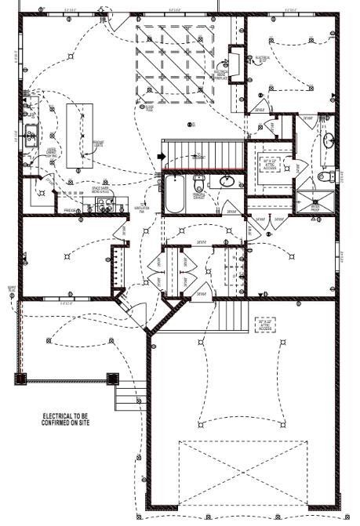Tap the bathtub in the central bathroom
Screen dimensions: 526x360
pyautogui.click(x=174, y=194)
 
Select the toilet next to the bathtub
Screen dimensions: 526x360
pyautogui.click(x=198, y=185)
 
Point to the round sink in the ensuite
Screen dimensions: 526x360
pyautogui.click(x=329, y=140)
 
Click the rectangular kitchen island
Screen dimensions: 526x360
pyautogui.click(x=78, y=135)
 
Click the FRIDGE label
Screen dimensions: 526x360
pyautogui.click(x=70, y=211)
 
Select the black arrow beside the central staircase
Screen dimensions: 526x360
pyautogui.click(x=160, y=157)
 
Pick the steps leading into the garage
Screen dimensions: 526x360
pyautogui.click(x=233, y=315)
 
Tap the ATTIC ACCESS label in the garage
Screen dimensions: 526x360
pyautogui.click(x=267, y=323)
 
